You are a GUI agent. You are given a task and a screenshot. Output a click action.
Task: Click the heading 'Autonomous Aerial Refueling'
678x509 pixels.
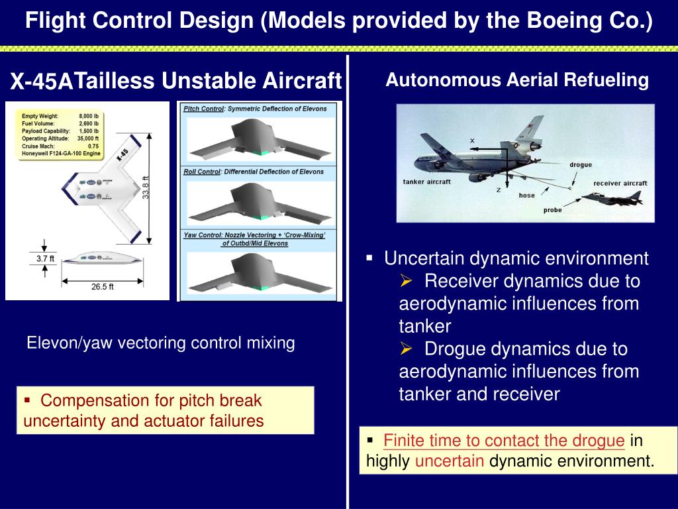point(517,80)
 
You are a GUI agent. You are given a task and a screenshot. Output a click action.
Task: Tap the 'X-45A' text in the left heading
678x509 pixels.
point(40,82)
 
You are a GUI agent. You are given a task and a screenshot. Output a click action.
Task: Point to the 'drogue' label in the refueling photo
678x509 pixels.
point(581,164)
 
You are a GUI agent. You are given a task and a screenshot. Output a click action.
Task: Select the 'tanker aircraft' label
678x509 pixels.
point(426,182)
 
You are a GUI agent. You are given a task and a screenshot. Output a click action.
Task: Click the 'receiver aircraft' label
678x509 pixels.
point(620,183)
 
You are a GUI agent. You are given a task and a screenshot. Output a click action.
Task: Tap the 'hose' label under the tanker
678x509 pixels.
point(526,196)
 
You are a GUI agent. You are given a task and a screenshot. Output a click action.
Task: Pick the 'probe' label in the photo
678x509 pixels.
point(552,210)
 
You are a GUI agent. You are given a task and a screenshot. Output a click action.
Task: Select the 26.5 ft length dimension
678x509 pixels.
point(102,287)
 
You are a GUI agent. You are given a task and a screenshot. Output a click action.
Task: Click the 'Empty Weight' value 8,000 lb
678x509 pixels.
point(89,116)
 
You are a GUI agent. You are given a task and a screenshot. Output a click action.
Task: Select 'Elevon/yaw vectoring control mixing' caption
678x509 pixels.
point(160,343)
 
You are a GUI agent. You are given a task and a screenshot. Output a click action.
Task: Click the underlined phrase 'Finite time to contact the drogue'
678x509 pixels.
point(504,441)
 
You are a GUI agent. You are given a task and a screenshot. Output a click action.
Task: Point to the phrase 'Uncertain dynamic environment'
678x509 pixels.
point(516,258)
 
